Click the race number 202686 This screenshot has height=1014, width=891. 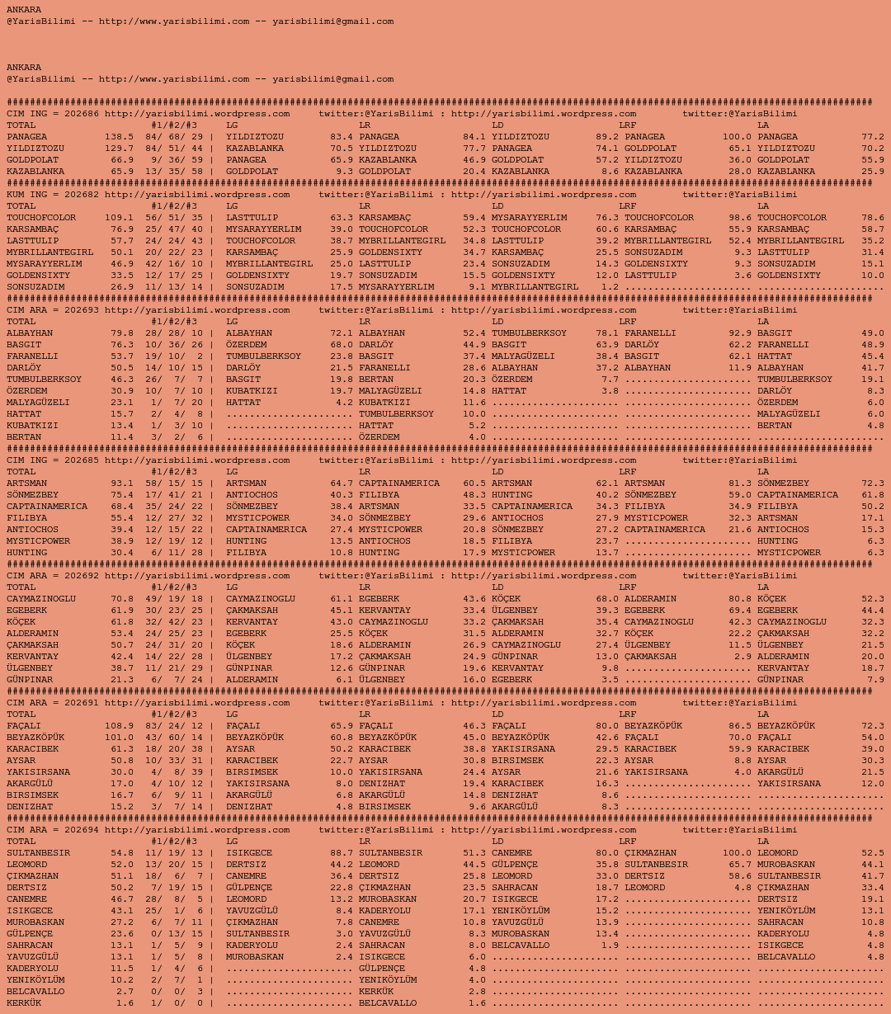(x=82, y=114)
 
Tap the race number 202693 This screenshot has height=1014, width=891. (x=82, y=310)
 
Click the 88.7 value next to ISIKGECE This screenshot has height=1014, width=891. (x=342, y=853)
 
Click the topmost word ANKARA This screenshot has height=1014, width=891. (x=24, y=10)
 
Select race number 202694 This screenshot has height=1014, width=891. (x=82, y=830)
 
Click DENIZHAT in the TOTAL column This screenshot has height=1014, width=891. (x=30, y=807)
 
